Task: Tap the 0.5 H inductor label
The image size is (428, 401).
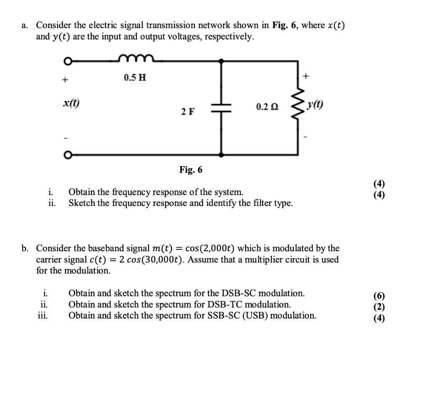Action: pos(135,78)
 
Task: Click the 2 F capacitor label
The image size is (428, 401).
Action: pos(188,112)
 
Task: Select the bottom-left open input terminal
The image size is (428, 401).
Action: pos(67,155)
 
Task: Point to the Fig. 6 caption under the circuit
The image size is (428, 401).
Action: pos(191,170)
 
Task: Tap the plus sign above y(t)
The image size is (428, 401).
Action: pos(306,76)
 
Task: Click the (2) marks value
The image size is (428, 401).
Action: pos(379,306)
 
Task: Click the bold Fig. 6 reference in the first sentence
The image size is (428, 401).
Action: pos(285,25)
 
